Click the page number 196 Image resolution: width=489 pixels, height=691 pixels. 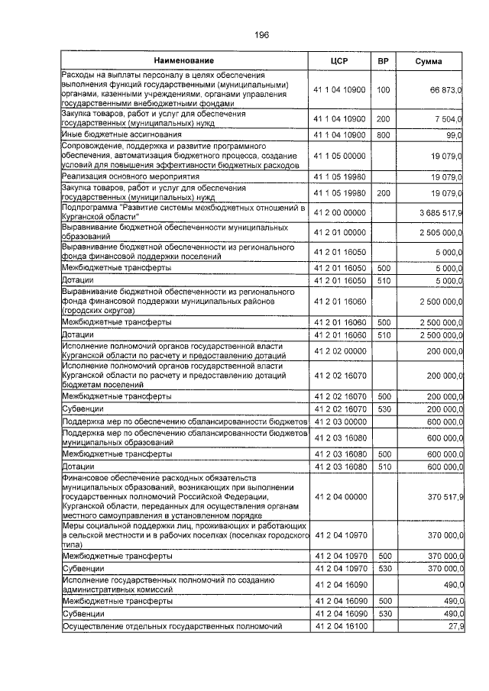pos(261,35)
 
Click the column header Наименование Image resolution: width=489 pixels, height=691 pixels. pos(183,60)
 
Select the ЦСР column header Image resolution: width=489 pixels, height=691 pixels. pos(340,60)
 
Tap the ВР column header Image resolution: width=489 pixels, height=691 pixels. pos(384,60)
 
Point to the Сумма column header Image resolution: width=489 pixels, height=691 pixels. pos(431,60)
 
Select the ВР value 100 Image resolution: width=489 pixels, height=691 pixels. pos(384,90)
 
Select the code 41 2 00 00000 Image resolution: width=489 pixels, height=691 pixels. pos(340,211)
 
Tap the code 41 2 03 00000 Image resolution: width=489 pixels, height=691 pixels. pos(340,421)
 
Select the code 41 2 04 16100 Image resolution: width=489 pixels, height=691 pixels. pos(340,626)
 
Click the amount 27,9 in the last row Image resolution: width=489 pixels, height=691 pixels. pos(455,626)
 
